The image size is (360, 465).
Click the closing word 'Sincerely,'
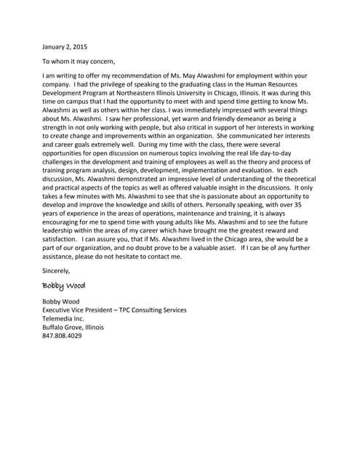pyautogui.click(x=57, y=270)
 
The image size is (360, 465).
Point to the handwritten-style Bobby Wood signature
pyautogui.click(x=64, y=285)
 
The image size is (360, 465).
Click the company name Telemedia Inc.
pyautogui.click(x=64, y=318)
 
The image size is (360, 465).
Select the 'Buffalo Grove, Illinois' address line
pyautogui.click(x=73, y=327)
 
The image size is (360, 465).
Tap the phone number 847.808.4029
pyautogui.click(x=63, y=336)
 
